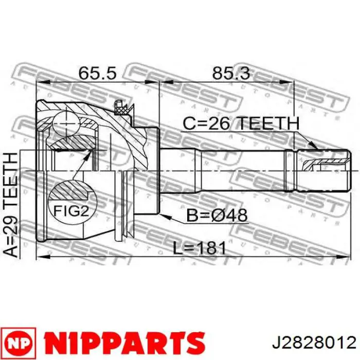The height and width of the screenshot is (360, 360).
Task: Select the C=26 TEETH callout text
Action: (x=241, y=123)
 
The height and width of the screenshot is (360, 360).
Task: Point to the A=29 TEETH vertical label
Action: (x=11, y=204)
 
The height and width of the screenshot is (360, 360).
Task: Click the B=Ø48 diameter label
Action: (x=217, y=215)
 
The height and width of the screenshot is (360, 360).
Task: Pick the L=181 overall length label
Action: (x=200, y=248)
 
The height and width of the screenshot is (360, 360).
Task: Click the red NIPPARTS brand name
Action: (x=124, y=343)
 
